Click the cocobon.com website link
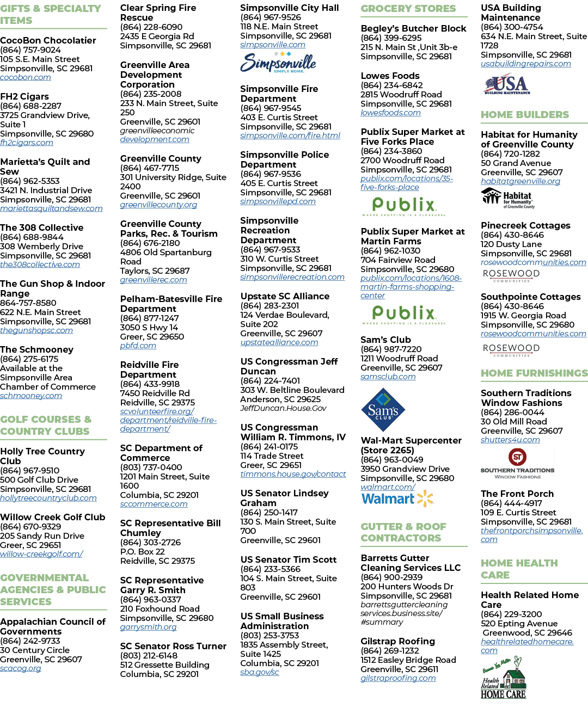click(26, 77)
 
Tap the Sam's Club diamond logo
click(383, 409)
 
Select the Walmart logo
click(397, 499)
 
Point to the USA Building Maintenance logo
click(507, 83)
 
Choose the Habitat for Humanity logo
click(507, 198)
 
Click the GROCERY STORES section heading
click(408, 9)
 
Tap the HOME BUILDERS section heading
click(525, 114)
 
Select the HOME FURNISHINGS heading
click(534, 373)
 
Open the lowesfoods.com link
click(390, 113)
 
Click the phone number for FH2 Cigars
click(30, 106)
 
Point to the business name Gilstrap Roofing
click(398, 641)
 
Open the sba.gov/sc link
click(260, 672)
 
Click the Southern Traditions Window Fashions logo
click(517, 463)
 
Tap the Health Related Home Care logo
click(504, 677)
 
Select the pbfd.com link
click(138, 346)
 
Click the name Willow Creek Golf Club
click(52, 516)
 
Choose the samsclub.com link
click(388, 377)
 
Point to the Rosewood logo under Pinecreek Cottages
click(511, 275)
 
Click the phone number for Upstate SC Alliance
click(269, 305)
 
